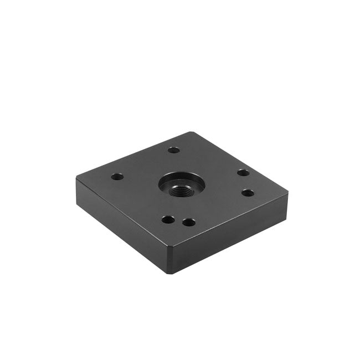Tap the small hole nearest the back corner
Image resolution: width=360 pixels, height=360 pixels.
pos(174,150)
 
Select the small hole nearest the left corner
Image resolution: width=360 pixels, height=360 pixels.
pos(116,177)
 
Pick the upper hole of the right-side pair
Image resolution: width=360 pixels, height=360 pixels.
pos(243,172)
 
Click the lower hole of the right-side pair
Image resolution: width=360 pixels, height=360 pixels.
pos(248,193)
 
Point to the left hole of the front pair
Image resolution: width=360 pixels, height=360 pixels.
pos(167,219)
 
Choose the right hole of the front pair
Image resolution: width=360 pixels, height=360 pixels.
pos(189,223)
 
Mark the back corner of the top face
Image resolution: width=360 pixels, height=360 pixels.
pos(190,132)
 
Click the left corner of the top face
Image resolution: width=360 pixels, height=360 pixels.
pos(76,179)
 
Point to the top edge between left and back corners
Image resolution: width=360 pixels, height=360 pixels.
pos(133,156)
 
